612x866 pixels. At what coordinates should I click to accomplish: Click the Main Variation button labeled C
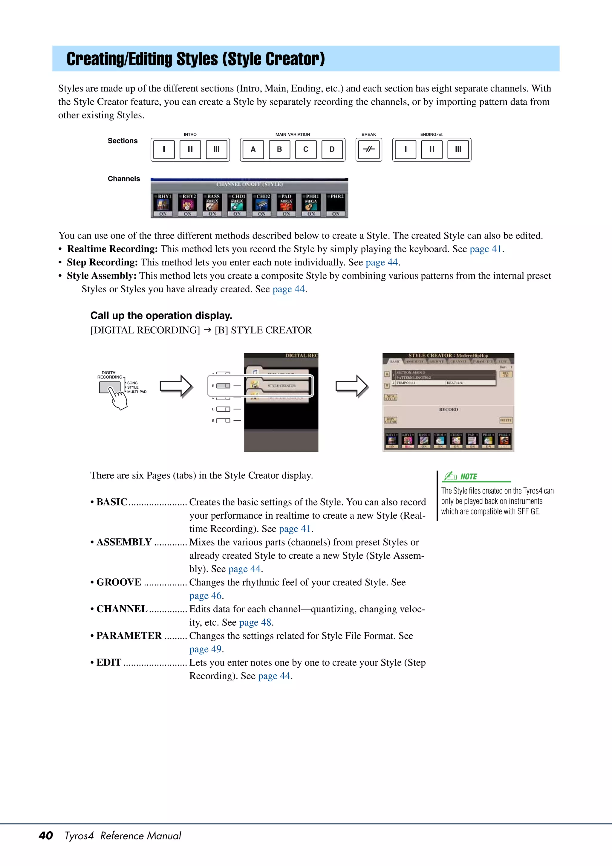(x=305, y=149)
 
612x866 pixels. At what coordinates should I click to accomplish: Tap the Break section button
(x=368, y=149)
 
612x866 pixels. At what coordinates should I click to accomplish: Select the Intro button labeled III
(x=216, y=149)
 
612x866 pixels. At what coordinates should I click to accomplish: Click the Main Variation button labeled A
(x=253, y=149)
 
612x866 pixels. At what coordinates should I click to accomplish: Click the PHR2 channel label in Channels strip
(x=337, y=196)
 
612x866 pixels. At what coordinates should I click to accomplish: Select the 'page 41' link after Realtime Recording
(x=485, y=249)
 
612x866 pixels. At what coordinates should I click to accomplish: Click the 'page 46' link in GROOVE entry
(x=206, y=595)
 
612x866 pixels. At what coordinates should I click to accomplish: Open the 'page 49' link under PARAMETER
(x=206, y=649)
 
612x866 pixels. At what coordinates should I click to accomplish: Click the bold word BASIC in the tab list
(x=112, y=502)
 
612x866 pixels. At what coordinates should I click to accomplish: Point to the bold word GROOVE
(x=119, y=582)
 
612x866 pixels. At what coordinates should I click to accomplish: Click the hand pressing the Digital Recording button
(x=118, y=398)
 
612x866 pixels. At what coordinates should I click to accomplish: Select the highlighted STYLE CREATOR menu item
(x=282, y=386)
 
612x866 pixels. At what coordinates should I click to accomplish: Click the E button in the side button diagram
(x=223, y=421)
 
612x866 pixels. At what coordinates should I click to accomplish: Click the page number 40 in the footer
(x=46, y=836)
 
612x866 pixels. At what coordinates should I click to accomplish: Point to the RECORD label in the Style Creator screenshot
(x=448, y=409)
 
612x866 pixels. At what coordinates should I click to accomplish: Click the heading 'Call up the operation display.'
(x=161, y=315)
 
